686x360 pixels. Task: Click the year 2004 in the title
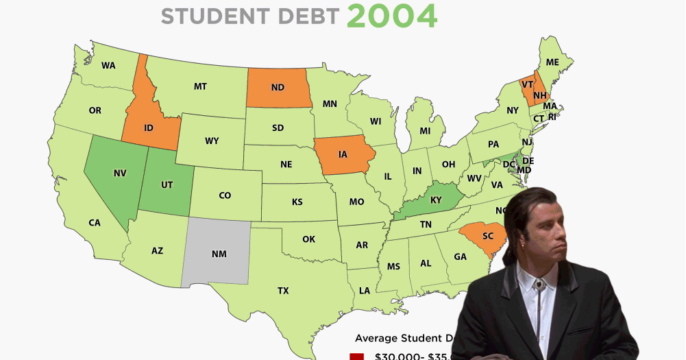click(x=391, y=16)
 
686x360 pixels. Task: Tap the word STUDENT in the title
click(x=204, y=16)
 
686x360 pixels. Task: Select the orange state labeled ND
click(x=278, y=88)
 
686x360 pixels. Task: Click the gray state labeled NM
click(x=219, y=254)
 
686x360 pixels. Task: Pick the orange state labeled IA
click(x=343, y=154)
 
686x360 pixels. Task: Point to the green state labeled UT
click(x=167, y=185)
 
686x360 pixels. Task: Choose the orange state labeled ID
click(x=148, y=128)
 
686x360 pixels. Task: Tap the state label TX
click(x=283, y=291)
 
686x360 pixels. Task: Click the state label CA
click(x=95, y=222)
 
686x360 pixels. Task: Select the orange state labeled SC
click(x=487, y=236)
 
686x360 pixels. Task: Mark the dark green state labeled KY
click(x=436, y=200)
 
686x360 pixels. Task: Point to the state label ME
click(x=552, y=62)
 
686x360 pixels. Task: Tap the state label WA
click(x=108, y=66)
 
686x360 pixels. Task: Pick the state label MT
click(x=200, y=86)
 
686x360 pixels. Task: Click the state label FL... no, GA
click(x=460, y=256)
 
